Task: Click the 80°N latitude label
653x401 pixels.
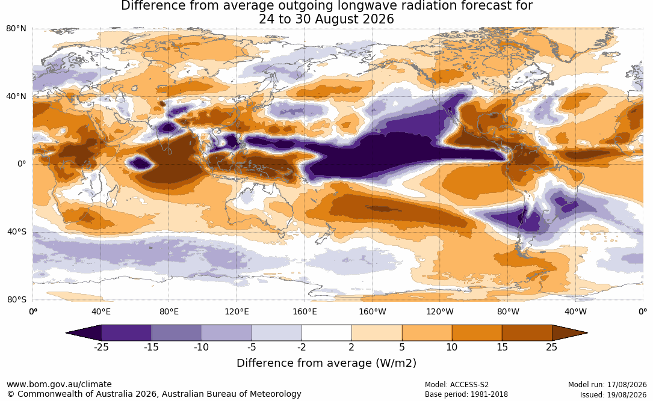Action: [x=16, y=29]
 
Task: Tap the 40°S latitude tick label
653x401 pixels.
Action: [x=16, y=231]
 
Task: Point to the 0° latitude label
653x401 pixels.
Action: [x=22, y=164]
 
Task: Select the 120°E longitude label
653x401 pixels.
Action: [x=237, y=311]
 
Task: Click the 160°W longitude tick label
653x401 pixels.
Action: [x=373, y=311]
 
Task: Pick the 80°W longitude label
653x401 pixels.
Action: [x=508, y=311]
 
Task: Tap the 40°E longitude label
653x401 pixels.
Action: [x=101, y=311]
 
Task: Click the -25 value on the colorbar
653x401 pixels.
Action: [x=101, y=347]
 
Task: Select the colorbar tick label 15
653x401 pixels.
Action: [x=502, y=347]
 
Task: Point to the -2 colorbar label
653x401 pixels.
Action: [x=302, y=347]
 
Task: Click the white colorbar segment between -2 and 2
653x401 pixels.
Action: [x=327, y=333]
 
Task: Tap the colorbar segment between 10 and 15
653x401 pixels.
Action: [x=477, y=333]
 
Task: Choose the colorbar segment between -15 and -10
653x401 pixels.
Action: [x=176, y=333]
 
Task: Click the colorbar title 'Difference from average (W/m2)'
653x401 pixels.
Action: [x=326, y=363]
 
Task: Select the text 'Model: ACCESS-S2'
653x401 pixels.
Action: [x=456, y=385]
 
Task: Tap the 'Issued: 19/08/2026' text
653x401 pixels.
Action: [x=613, y=394]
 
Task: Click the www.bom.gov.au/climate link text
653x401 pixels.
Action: [x=59, y=384]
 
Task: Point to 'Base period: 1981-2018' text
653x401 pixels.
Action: [x=466, y=394]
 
